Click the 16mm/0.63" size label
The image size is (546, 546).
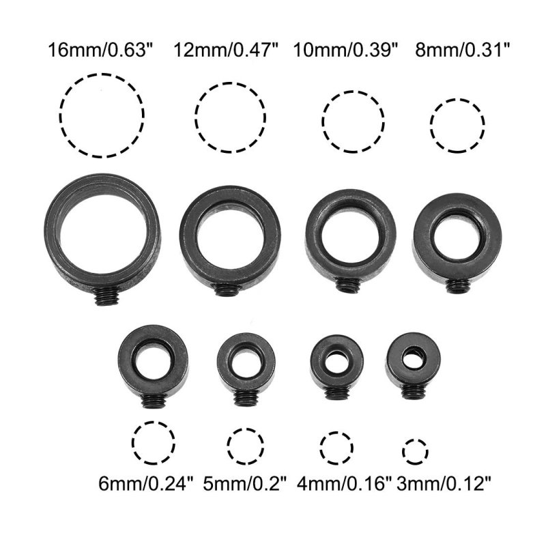[100, 50]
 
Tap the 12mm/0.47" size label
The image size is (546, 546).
[227, 50]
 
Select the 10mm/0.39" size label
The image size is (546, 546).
[345, 50]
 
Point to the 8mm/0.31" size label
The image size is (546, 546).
[463, 50]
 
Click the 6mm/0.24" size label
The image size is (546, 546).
[145, 484]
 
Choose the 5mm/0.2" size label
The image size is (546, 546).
[245, 484]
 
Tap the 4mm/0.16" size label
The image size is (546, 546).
[345, 484]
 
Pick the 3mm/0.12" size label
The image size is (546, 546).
[444, 484]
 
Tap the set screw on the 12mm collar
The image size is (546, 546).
[227, 289]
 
